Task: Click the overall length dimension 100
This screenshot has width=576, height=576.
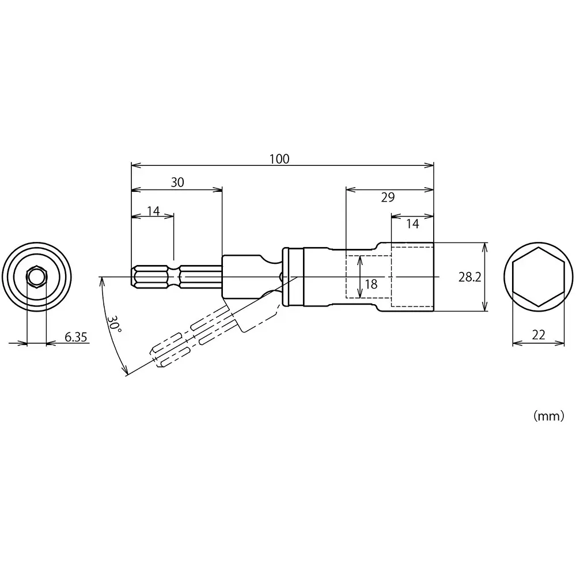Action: pos(280,159)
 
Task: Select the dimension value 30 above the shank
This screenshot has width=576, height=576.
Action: pos(177,183)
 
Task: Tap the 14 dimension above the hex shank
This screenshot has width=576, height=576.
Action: pos(153,211)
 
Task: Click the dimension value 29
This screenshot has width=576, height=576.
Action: pos(388,197)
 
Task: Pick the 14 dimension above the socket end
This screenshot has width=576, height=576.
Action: pos(413,223)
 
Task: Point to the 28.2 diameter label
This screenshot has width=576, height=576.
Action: pos(470,277)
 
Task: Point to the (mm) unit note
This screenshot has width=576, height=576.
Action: pos(548,417)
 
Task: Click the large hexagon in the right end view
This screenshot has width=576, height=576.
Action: pos(539,276)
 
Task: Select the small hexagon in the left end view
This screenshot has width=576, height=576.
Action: pos(36,276)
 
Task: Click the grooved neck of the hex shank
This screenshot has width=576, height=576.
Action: pos(175,276)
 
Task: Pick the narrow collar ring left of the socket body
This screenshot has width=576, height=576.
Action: pos(286,276)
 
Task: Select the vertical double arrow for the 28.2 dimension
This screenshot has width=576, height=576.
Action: pos(485,277)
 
